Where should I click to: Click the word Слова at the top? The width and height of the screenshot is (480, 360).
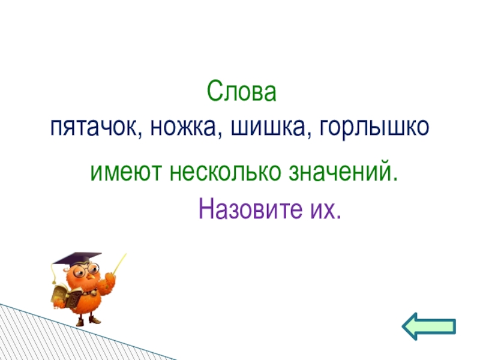pos(242,93)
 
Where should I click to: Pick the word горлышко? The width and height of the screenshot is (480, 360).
pos(375,127)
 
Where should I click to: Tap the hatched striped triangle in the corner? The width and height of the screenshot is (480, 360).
pos(24,339)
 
